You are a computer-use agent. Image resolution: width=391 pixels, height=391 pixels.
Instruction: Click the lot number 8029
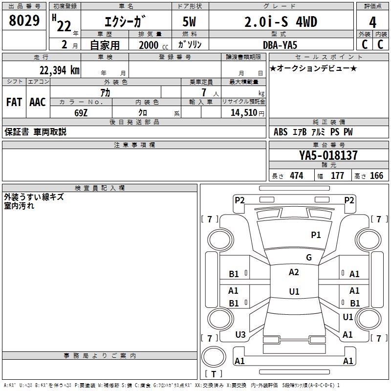24,22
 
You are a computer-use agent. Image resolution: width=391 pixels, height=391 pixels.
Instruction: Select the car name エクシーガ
126,22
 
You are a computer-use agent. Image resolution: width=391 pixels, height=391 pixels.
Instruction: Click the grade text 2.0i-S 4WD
281,22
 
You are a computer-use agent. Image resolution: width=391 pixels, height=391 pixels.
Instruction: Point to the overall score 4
373,22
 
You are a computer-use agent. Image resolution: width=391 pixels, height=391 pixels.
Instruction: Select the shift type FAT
14,102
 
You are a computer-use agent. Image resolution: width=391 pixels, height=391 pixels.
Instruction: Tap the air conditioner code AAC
38,102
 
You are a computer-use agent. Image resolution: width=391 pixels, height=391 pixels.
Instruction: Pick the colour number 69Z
81,112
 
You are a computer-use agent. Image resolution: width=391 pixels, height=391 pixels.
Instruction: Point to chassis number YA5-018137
328,155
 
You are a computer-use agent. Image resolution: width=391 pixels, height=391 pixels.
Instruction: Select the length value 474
296,176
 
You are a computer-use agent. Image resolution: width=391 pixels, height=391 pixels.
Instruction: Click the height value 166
376,176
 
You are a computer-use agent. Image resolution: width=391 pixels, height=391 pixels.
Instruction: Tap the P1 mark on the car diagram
316,235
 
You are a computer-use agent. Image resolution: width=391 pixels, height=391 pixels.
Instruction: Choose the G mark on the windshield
309,258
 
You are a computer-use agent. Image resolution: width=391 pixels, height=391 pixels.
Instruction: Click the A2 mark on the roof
294,272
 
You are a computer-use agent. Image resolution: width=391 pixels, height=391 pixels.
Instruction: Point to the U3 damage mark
240,335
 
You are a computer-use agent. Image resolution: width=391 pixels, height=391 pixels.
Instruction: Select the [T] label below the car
213,374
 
